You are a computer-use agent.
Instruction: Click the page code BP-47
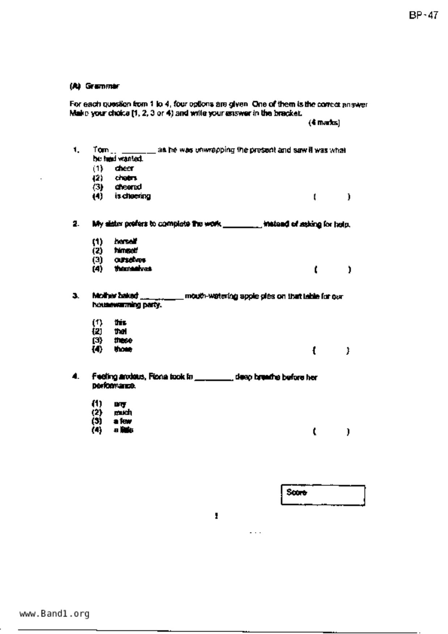[x=423, y=16]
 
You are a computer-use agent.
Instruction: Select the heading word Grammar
[x=102, y=86]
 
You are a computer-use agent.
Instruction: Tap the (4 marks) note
[x=324, y=123]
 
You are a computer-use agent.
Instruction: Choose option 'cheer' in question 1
[x=124, y=168]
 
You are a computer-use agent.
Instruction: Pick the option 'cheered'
[x=128, y=187]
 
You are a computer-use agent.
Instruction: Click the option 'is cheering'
[x=132, y=196]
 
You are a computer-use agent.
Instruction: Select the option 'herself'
[x=125, y=241]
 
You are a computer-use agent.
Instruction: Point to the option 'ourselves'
[x=130, y=260]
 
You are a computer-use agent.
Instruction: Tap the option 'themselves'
[x=133, y=269]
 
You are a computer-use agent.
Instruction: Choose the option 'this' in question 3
[x=120, y=322]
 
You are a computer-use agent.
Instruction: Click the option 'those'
[x=123, y=349]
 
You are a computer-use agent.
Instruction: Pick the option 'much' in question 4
[x=123, y=412]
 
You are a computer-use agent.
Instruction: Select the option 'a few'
[x=123, y=421]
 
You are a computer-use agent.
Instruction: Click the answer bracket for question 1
[x=332, y=197]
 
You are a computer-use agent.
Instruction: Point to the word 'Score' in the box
[x=296, y=492]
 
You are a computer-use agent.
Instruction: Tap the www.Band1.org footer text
[x=54, y=613]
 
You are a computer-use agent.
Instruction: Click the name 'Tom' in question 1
[x=101, y=150]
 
